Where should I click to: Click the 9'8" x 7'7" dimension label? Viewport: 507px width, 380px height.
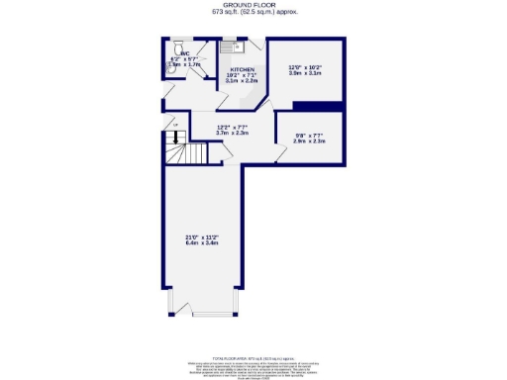pos(310,135)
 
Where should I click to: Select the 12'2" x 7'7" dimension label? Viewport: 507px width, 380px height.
pos(232,126)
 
